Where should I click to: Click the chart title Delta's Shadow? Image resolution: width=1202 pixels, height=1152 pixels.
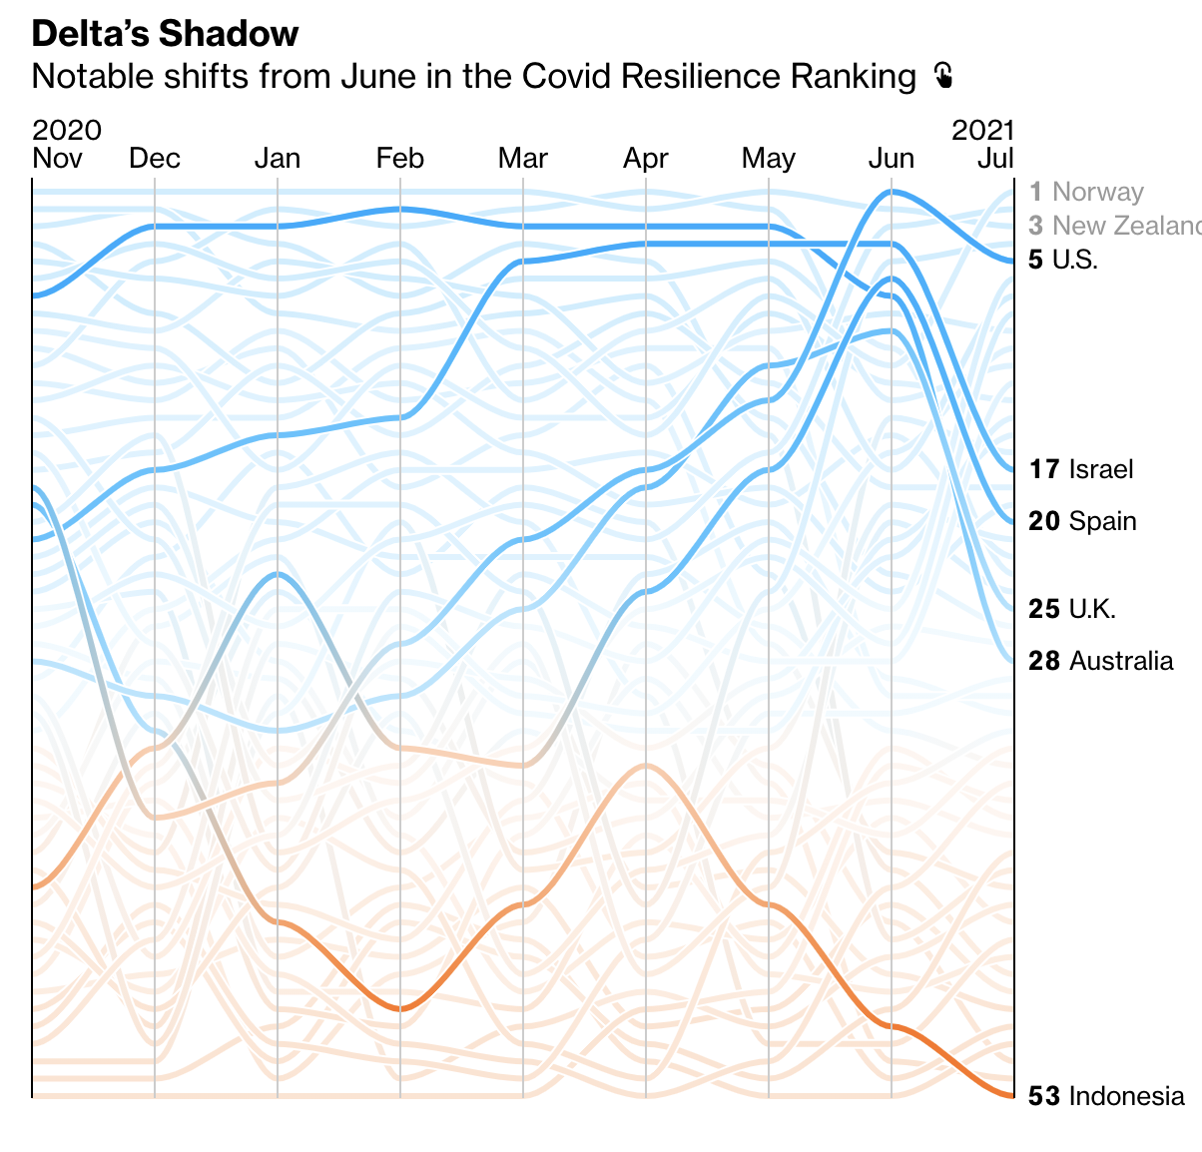[x=165, y=34]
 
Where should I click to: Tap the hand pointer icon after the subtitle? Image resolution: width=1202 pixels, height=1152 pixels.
[x=942, y=76]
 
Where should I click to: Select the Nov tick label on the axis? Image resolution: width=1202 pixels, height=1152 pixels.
[x=57, y=158]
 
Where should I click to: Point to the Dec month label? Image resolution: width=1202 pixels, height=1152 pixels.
[x=155, y=158]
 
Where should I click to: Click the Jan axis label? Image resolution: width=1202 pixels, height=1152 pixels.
[x=278, y=158]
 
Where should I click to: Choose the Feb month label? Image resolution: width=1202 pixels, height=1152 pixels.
[x=400, y=158]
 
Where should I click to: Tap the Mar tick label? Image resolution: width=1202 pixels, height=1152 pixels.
[x=523, y=158]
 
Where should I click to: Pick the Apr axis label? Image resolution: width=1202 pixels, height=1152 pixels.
[x=646, y=158]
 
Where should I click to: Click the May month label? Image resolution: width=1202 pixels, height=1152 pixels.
[x=769, y=158]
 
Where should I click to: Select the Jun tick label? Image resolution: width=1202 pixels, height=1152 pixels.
[x=892, y=158]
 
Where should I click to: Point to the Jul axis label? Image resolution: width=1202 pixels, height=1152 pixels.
[x=995, y=158]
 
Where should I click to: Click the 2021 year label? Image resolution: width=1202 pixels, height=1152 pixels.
[x=982, y=130]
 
